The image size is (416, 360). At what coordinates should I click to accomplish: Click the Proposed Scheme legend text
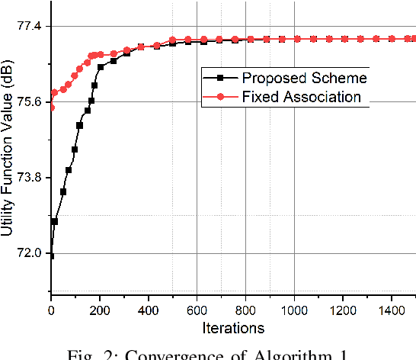click(x=304, y=77)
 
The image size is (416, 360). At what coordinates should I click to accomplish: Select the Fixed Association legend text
click(x=301, y=96)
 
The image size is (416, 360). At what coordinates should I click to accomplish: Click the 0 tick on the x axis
click(x=51, y=311)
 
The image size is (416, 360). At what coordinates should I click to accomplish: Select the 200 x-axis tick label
click(x=100, y=311)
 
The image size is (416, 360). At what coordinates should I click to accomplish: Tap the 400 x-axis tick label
click(x=149, y=311)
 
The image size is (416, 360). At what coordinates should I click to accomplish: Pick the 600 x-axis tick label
click(x=197, y=311)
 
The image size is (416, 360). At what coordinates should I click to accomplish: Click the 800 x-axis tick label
click(x=246, y=311)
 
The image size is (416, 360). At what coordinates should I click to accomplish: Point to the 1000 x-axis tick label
click(x=294, y=311)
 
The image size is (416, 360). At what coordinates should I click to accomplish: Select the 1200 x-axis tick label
click(x=343, y=311)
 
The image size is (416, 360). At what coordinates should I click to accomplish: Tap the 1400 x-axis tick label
click(x=392, y=311)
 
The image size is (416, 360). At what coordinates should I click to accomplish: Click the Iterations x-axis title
click(x=233, y=329)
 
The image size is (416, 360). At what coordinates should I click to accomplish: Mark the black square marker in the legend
click(x=220, y=77)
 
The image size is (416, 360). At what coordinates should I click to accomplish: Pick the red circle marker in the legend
click(x=220, y=96)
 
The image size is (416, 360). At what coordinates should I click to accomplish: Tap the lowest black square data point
click(x=51, y=256)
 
